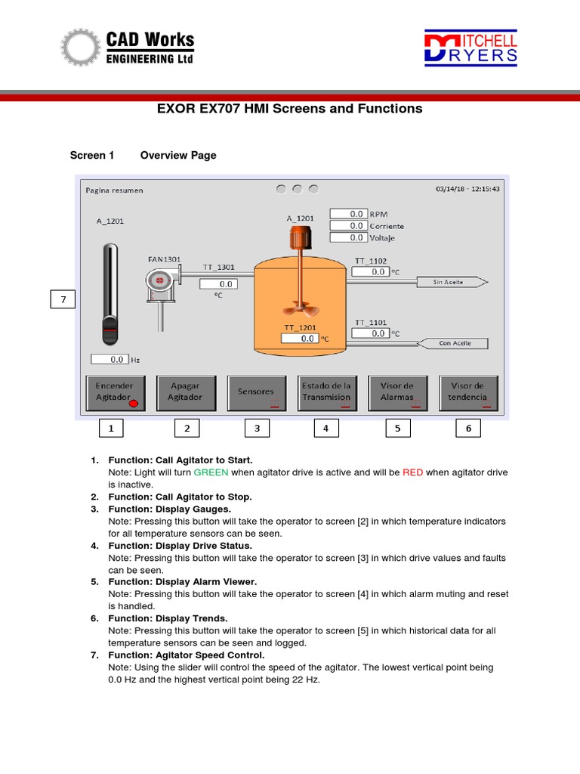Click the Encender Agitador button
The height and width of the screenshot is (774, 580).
pos(115,392)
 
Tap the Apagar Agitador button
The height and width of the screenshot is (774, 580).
pos(185,392)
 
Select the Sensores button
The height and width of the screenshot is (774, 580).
pos(256,392)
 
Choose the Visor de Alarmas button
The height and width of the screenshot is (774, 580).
pos(397,392)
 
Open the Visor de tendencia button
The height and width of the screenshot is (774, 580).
pos(467,392)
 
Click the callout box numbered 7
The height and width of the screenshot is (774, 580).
pos(63,300)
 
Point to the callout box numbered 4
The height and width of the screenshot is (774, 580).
pos(326,429)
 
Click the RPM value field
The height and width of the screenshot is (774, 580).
pos(348,214)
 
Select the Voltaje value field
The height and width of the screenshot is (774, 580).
pos(348,237)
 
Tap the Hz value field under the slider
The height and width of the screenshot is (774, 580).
pos(110,360)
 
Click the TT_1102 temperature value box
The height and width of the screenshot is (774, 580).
pos(370,272)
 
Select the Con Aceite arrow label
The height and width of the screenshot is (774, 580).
pos(453,343)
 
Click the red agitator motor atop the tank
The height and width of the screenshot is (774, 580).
pos(301,240)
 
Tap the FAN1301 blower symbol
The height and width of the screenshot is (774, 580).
pos(160,283)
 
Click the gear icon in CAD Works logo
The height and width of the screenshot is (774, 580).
pos(80,47)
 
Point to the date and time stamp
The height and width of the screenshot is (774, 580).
pos(467,189)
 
